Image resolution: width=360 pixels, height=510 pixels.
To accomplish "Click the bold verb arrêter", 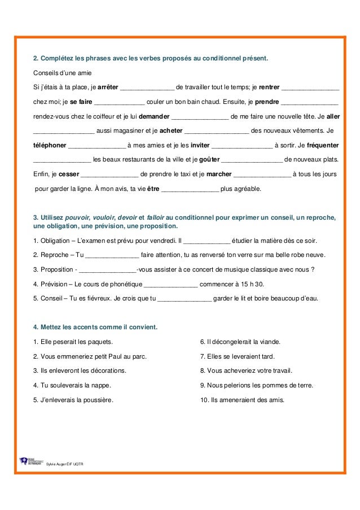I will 108,88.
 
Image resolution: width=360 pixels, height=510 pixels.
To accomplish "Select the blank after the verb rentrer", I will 310,88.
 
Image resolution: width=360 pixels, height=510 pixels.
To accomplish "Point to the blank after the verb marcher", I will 262,174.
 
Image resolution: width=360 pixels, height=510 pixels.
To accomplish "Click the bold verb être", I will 153,189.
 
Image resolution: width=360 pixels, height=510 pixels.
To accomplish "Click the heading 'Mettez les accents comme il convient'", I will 96,327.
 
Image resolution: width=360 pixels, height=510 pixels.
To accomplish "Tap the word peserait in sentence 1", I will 60,342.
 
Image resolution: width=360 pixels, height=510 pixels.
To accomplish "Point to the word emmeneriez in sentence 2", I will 73,356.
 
